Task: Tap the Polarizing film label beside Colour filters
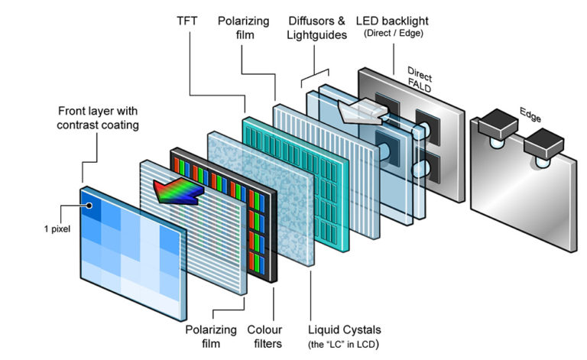pos(207,336)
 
